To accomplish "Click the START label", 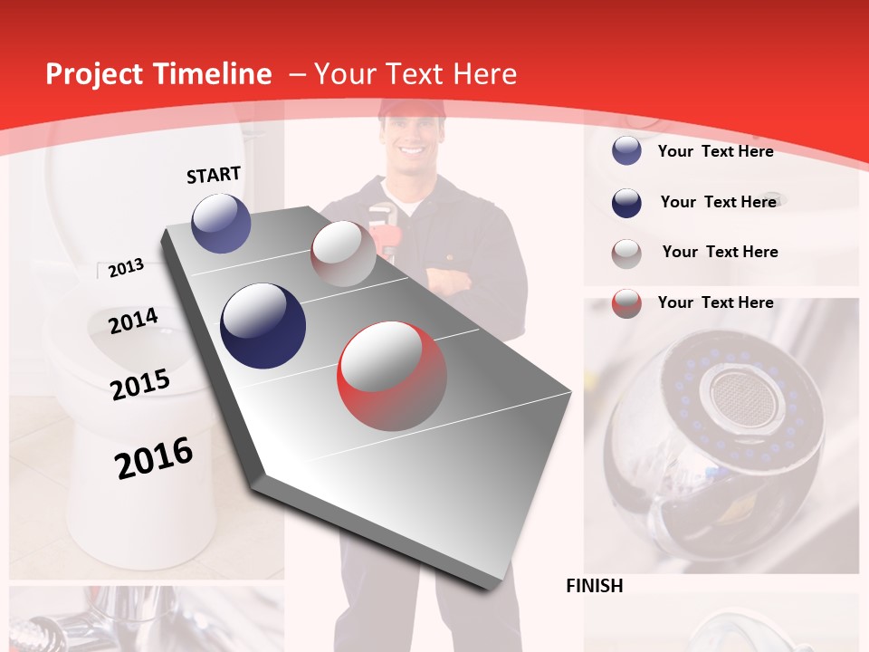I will [x=214, y=174].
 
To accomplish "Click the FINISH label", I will [x=594, y=586].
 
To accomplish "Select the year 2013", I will [x=126, y=268].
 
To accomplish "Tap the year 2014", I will [x=133, y=321].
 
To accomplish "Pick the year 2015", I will [x=140, y=385].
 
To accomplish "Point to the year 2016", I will [x=154, y=458].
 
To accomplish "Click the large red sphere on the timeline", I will [x=392, y=376].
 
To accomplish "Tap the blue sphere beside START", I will [x=222, y=223].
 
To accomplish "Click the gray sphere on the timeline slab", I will [x=343, y=254].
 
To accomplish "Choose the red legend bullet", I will [x=626, y=303].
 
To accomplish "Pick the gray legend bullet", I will [x=626, y=254].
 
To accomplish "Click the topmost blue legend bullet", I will [x=626, y=151].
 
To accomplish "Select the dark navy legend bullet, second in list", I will [x=626, y=203].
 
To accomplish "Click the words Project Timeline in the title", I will [x=158, y=74].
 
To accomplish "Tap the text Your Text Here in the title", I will [x=415, y=74].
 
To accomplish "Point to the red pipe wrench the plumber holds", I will [x=386, y=231].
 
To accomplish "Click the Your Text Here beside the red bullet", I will [x=715, y=302].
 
